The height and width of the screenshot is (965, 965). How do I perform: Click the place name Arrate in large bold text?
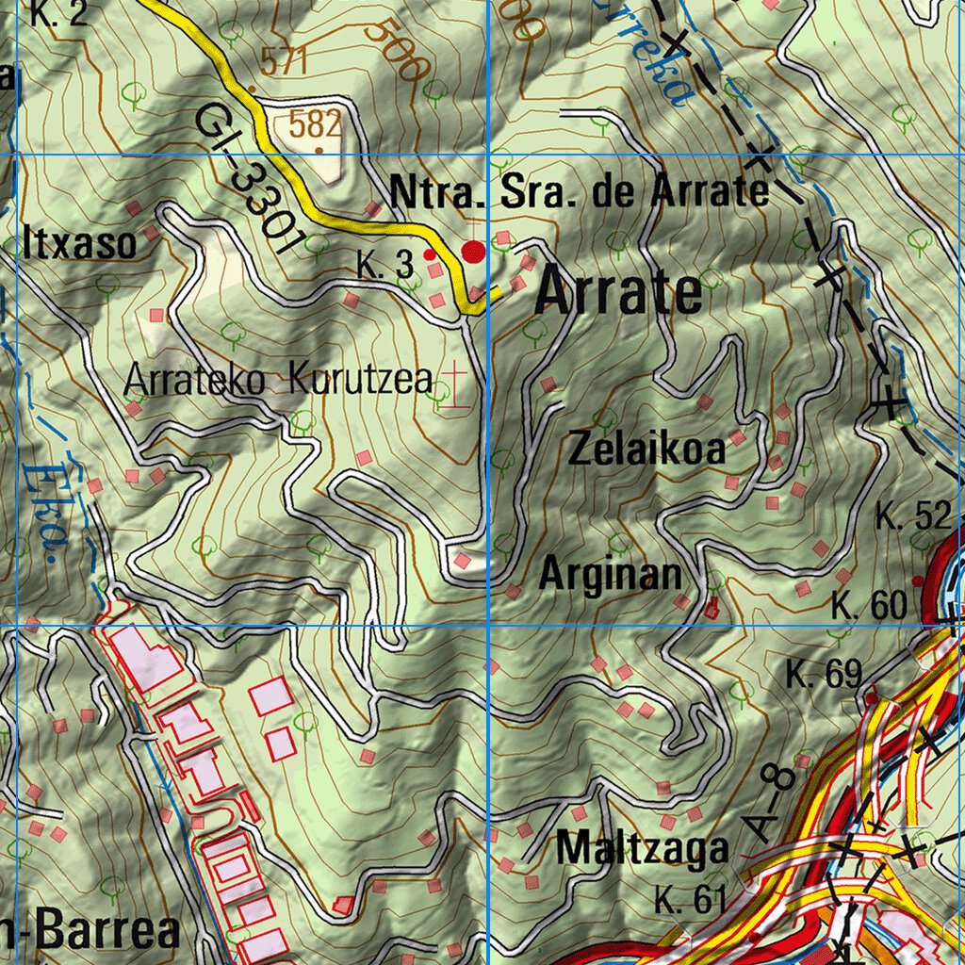tap(619, 294)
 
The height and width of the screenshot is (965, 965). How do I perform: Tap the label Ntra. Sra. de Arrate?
tap(579, 192)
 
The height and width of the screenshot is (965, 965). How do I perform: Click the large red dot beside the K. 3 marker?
tap(473, 252)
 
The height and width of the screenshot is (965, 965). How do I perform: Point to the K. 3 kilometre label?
tap(384, 266)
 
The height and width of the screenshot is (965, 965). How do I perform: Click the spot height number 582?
tap(315, 123)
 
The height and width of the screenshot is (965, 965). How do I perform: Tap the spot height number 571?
tap(285, 63)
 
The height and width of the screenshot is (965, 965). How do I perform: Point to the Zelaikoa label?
tap(647, 450)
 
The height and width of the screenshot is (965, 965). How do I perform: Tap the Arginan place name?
tap(610, 575)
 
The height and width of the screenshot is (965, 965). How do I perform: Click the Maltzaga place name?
tap(642, 848)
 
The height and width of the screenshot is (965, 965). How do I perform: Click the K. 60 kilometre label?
tap(869, 606)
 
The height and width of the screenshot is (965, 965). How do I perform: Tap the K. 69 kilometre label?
tap(825, 674)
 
